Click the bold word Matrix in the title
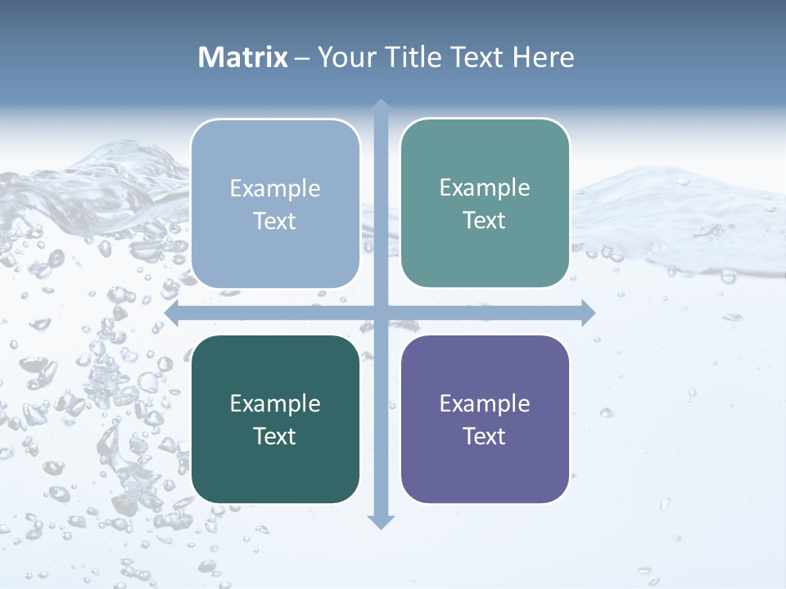point(243,57)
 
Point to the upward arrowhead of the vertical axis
point(381,106)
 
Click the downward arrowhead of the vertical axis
point(381,521)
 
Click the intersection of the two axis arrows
point(381,312)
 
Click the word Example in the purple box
point(485,403)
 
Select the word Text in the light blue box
point(275,221)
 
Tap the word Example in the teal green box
point(485,187)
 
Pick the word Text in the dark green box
point(275,436)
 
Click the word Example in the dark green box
point(275,403)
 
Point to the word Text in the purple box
point(485,436)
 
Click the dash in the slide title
point(302,58)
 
